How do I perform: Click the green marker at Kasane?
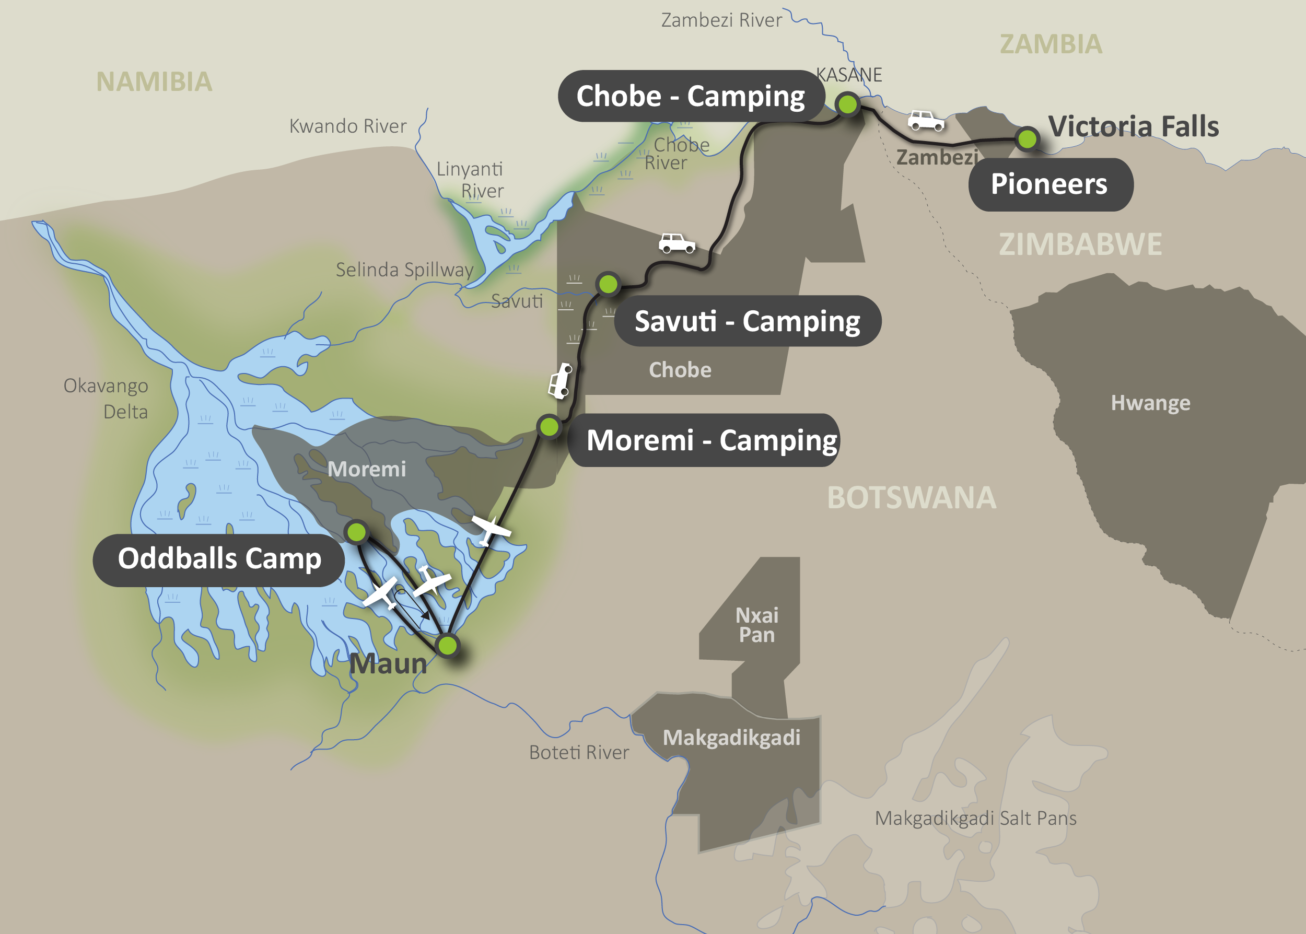pyautogui.click(x=847, y=104)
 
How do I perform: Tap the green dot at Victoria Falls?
pyautogui.click(x=1027, y=138)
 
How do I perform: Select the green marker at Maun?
pyautogui.click(x=447, y=645)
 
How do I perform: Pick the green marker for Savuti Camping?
pyautogui.click(x=608, y=284)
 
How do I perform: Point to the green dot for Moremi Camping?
pyautogui.click(x=549, y=427)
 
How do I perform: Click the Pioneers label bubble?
pyautogui.click(x=1050, y=184)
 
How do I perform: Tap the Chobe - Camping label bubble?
pyautogui.click(x=690, y=96)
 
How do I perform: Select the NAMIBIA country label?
pyautogui.click(x=154, y=81)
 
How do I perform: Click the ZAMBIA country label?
pyautogui.click(x=1051, y=44)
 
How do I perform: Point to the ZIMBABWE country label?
pyautogui.click(x=1080, y=244)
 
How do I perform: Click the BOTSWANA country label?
pyautogui.click(x=911, y=497)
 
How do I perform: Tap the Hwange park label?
pyautogui.click(x=1150, y=403)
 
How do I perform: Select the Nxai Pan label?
pyautogui.click(x=757, y=625)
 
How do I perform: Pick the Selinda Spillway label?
pyautogui.click(x=404, y=270)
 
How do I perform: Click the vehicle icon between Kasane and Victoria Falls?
pyautogui.click(x=925, y=120)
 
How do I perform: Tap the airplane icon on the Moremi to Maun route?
pyautogui.click(x=490, y=529)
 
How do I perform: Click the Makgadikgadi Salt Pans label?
pyautogui.click(x=975, y=818)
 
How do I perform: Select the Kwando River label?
pyautogui.click(x=347, y=126)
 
